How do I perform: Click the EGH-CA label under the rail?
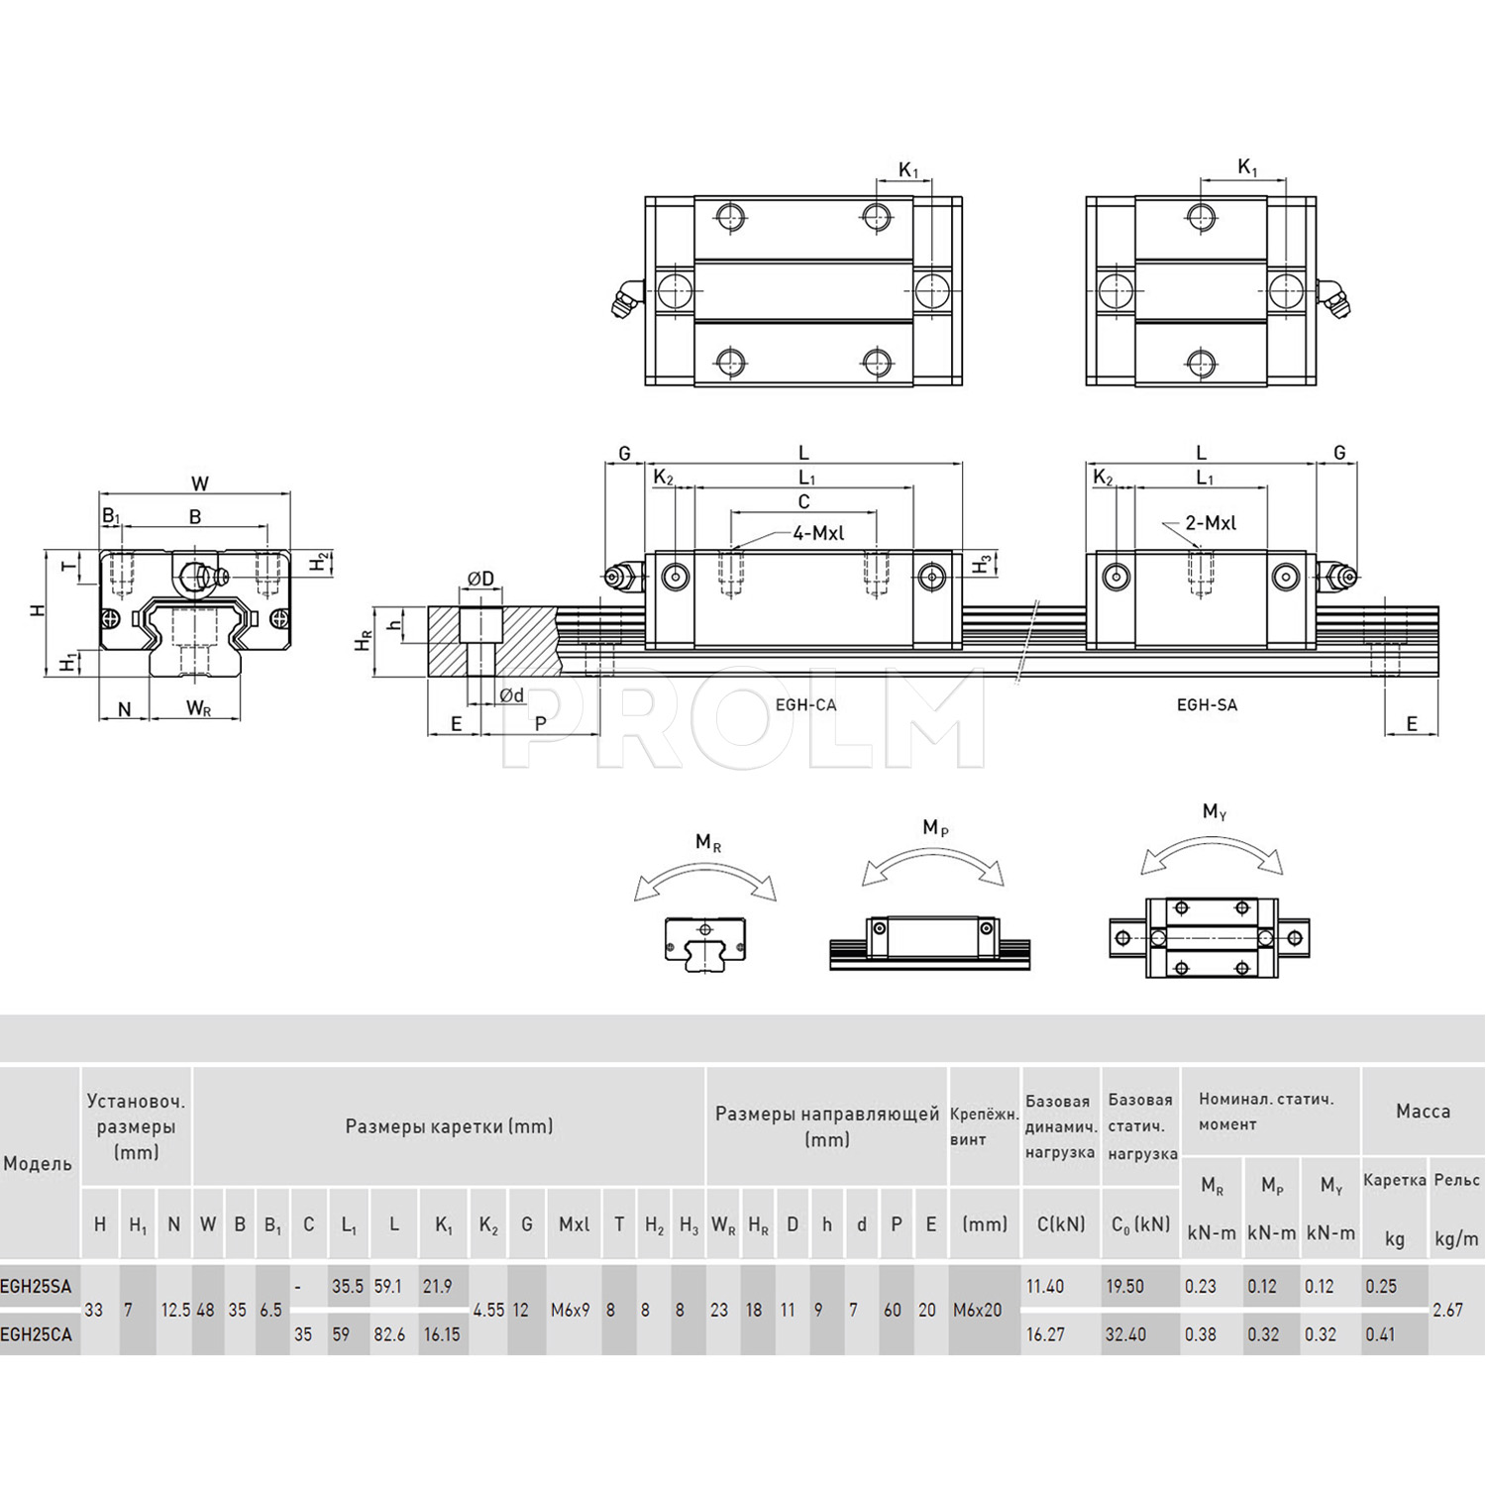(x=805, y=705)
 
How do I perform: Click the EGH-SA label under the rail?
(x=1207, y=705)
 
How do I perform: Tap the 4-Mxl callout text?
(x=818, y=533)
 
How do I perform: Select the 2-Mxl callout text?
(x=1211, y=523)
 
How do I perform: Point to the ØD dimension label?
(x=480, y=579)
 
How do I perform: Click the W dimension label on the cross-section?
(x=200, y=484)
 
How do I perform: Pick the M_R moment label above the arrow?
(x=708, y=843)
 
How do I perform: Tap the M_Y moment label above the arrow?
(x=1215, y=812)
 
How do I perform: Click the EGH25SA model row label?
(x=36, y=1287)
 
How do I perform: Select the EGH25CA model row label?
(x=36, y=1334)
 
